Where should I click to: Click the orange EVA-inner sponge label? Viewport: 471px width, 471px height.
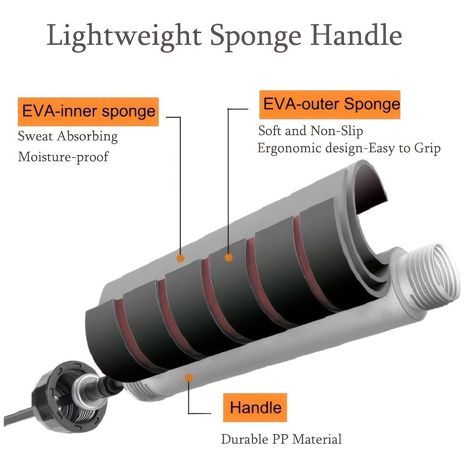(88, 112)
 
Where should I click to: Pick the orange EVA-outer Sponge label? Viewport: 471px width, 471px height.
(330, 105)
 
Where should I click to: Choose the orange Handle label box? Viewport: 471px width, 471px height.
(255, 407)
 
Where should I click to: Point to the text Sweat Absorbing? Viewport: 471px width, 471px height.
(68, 137)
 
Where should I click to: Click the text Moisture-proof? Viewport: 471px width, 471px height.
(63, 156)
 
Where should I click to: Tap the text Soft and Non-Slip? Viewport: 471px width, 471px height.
(311, 130)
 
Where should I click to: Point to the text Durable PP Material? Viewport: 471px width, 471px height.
(281, 439)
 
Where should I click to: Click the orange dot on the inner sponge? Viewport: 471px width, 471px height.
(180, 258)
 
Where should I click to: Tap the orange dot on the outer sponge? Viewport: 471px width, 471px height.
(228, 258)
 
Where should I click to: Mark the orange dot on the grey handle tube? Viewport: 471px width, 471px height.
(189, 378)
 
